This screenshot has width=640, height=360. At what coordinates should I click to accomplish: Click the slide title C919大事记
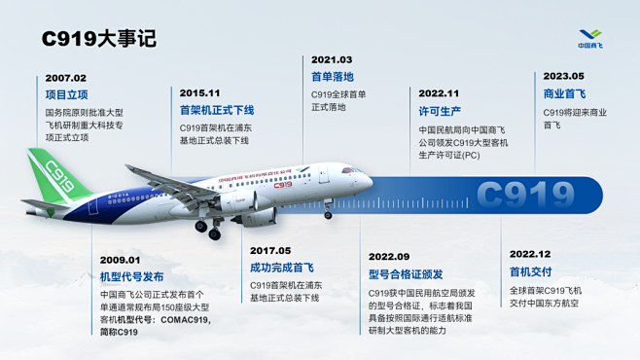click(98, 39)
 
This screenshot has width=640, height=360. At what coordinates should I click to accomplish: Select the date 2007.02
click(66, 78)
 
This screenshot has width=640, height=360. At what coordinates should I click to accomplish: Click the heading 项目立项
click(67, 94)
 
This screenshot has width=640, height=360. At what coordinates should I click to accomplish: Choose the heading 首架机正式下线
click(215, 110)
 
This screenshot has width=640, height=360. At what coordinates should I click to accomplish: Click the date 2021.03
click(332, 59)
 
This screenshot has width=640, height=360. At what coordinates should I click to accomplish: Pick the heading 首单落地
click(333, 77)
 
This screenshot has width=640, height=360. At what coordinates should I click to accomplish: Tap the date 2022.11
click(439, 93)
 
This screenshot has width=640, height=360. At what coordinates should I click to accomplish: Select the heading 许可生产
click(440, 111)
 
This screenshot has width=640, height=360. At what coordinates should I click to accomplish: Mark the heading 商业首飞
click(564, 94)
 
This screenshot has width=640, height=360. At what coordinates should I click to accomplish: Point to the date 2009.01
click(120, 260)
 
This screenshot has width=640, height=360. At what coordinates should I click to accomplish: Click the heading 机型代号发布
click(133, 276)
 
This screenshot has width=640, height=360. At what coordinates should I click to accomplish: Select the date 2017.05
click(269, 250)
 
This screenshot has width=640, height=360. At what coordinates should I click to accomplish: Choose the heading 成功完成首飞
click(283, 268)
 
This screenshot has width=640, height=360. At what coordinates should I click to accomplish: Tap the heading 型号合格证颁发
click(407, 274)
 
